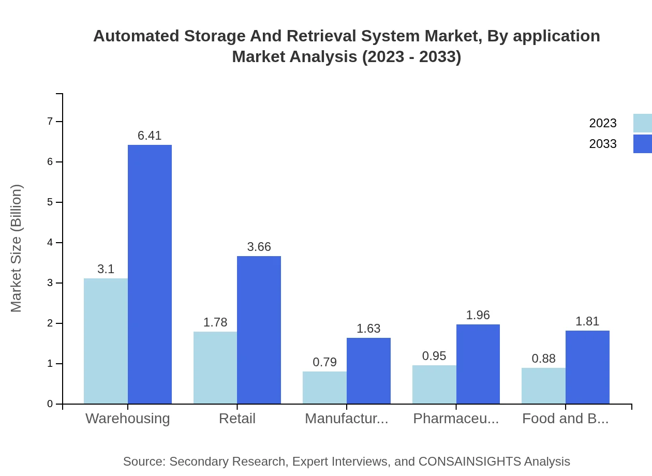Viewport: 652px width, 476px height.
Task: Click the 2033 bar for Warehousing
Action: (x=150, y=274)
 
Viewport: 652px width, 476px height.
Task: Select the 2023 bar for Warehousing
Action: (x=106, y=341)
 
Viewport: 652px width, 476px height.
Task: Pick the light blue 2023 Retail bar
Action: (x=215, y=367)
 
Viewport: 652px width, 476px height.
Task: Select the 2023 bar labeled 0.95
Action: (x=434, y=384)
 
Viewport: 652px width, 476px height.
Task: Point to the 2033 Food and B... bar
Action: (x=587, y=367)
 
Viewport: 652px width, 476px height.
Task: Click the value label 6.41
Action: (x=150, y=136)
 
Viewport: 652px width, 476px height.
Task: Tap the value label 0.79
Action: (x=324, y=362)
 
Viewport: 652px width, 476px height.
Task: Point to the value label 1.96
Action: (x=478, y=315)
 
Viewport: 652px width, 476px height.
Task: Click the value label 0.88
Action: (x=543, y=359)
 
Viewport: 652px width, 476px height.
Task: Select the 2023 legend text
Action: (x=603, y=123)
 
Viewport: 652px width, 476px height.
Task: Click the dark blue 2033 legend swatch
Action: (x=642, y=144)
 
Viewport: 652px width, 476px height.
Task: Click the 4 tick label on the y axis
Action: (x=50, y=243)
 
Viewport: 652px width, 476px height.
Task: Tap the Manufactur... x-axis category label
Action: (x=346, y=418)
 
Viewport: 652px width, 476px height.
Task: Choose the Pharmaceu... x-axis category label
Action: (x=456, y=418)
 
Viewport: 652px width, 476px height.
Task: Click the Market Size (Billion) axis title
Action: (x=17, y=248)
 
